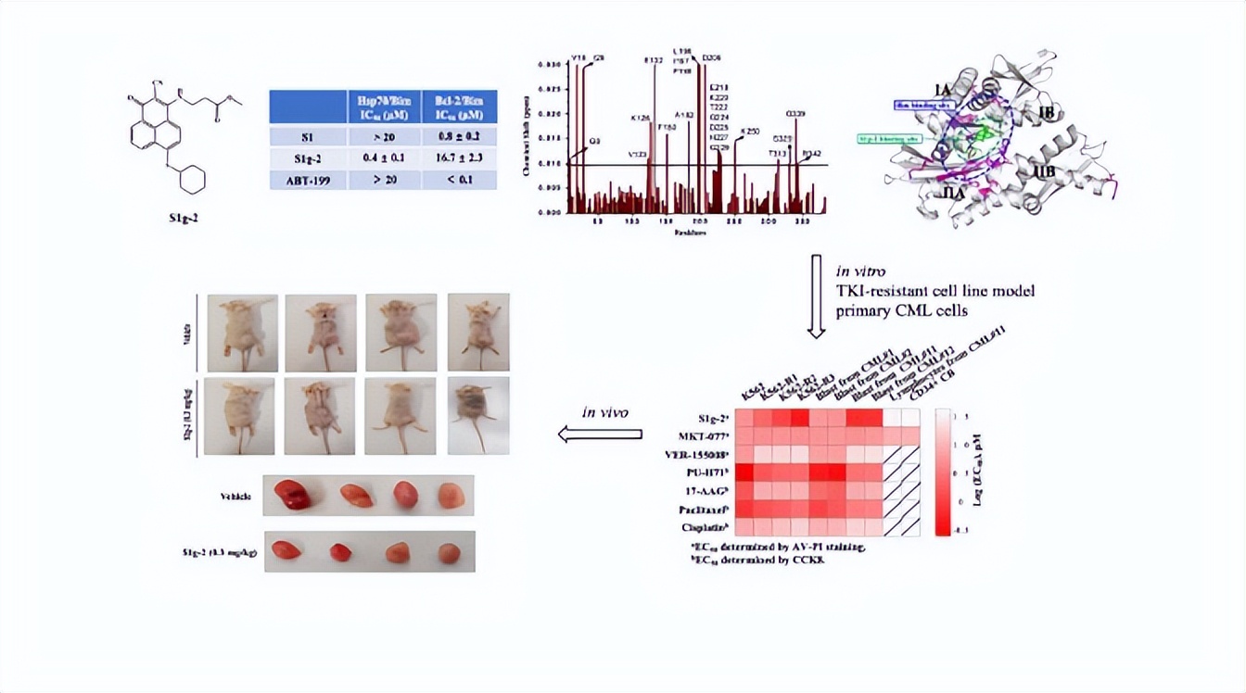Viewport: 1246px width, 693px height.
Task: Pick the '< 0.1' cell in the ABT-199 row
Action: (459, 179)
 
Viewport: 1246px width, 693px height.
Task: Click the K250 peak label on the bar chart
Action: (751, 132)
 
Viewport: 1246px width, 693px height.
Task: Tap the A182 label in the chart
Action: (684, 115)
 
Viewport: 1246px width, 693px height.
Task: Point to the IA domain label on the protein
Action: (942, 90)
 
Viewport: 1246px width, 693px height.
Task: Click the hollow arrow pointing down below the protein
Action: (817, 294)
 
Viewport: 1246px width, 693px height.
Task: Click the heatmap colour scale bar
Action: (943, 472)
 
